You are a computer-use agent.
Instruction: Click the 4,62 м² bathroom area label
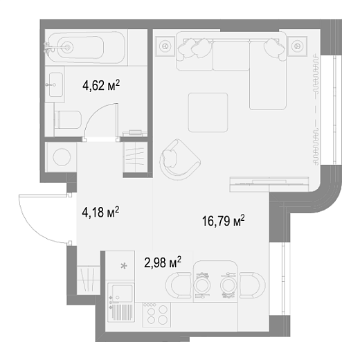pyautogui.click(x=101, y=85)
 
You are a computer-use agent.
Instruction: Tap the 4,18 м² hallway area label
pyautogui.click(x=100, y=212)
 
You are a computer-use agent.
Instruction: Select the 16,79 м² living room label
pyautogui.click(x=223, y=221)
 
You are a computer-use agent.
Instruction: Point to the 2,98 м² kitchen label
pyautogui.click(x=163, y=262)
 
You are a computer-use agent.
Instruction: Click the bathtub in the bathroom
pyautogui.click(x=86, y=47)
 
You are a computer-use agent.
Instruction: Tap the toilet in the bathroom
pyautogui.click(x=67, y=120)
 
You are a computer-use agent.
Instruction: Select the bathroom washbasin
pyautogui.click(x=55, y=84)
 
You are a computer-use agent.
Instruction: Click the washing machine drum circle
pyautogui.click(x=62, y=157)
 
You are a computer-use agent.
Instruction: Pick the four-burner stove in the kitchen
pyautogui.click(x=157, y=315)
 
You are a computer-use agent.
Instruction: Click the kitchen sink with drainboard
pyautogui.click(x=121, y=302)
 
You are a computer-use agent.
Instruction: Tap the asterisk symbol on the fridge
pyautogui.click(x=124, y=266)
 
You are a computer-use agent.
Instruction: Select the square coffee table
pyautogui.click(x=208, y=112)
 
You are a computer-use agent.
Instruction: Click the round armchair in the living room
pyautogui.click(x=179, y=160)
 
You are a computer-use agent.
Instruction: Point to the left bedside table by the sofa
pyautogui.click(x=165, y=46)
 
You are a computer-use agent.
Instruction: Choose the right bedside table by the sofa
pyautogui.click(x=297, y=46)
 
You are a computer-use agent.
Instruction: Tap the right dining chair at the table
pyautogui.click(x=253, y=285)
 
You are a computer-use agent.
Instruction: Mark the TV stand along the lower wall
pyautogui.click(x=269, y=184)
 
